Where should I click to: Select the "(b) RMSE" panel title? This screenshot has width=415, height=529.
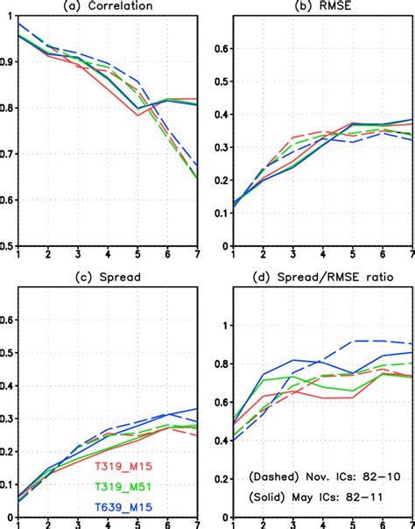click(312, 7)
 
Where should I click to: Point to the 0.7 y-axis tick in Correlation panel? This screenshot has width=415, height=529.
click(9, 154)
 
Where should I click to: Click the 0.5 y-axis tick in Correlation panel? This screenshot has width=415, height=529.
click(9, 246)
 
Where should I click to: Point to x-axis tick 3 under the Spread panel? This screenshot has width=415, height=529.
click(78, 523)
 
